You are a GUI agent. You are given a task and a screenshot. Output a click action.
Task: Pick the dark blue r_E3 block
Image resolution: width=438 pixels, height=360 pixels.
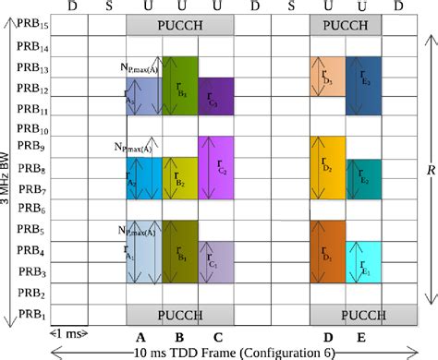[363, 85]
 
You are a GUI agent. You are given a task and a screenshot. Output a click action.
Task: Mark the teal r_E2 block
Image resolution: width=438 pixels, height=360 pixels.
[363, 178]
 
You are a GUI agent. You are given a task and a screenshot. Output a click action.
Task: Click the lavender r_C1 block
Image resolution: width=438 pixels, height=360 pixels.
[216, 262]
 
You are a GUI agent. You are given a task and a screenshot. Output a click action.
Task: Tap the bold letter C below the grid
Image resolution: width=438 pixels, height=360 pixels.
[216, 337]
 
